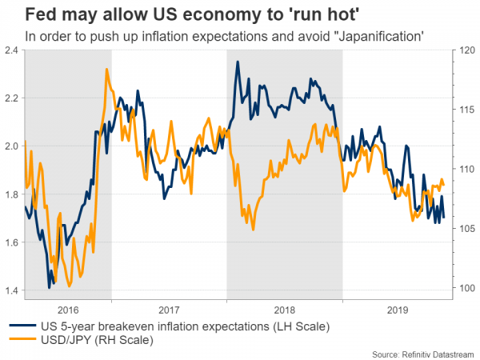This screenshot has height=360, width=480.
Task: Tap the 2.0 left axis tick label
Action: click(13, 146)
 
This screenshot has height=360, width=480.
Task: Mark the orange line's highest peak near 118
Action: click(107, 70)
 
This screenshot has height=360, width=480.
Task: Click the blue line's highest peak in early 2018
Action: click(238, 62)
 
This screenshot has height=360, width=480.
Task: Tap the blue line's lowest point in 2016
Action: click(50, 286)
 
